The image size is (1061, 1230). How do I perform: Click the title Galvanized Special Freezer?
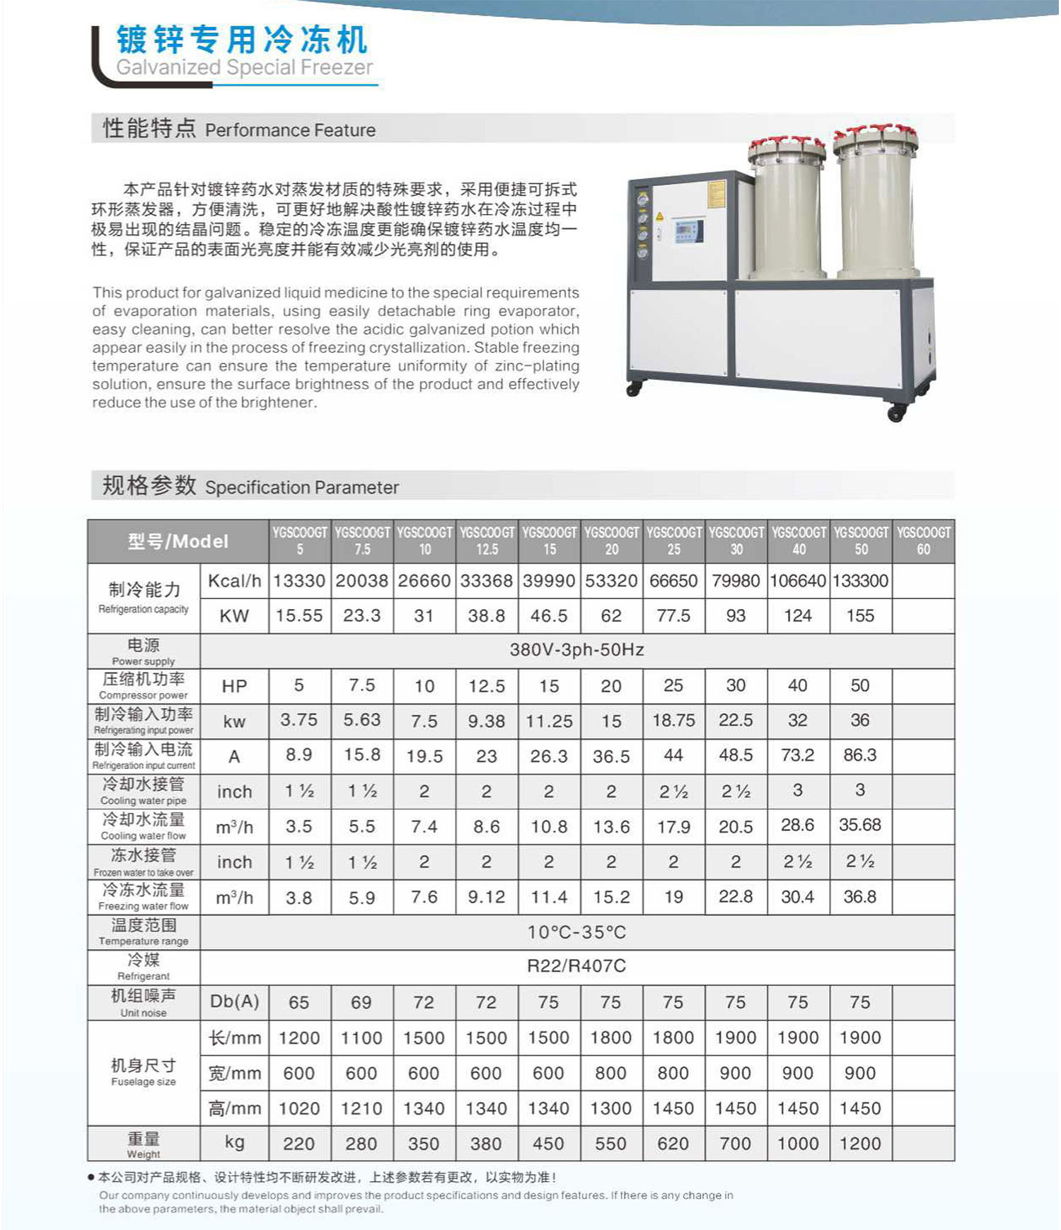tap(244, 67)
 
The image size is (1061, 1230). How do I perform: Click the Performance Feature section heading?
tap(239, 129)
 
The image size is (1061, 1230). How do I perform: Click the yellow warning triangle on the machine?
tap(659, 216)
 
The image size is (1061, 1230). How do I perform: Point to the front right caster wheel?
tap(896, 412)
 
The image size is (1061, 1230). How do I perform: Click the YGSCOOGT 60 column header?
tap(923, 540)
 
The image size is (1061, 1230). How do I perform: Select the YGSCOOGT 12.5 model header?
tap(487, 540)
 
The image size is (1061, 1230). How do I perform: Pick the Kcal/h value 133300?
tap(860, 581)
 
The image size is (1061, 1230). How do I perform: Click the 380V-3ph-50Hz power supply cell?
tap(576, 650)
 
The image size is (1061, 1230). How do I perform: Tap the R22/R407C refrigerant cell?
tap(576, 966)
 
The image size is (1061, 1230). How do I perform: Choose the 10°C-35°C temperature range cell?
tap(576, 932)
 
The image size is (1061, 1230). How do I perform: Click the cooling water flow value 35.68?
tap(860, 825)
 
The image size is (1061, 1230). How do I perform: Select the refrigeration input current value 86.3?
tap(860, 755)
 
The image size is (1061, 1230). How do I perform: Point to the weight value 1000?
tap(798, 1144)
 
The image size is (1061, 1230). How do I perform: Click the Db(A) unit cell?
tap(234, 1002)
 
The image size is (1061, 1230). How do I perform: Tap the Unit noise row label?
tap(144, 1002)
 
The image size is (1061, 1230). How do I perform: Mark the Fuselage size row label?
tap(144, 1072)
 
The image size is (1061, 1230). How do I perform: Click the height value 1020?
tap(299, 1108)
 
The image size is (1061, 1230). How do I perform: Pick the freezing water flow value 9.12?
tap(487, 898)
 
